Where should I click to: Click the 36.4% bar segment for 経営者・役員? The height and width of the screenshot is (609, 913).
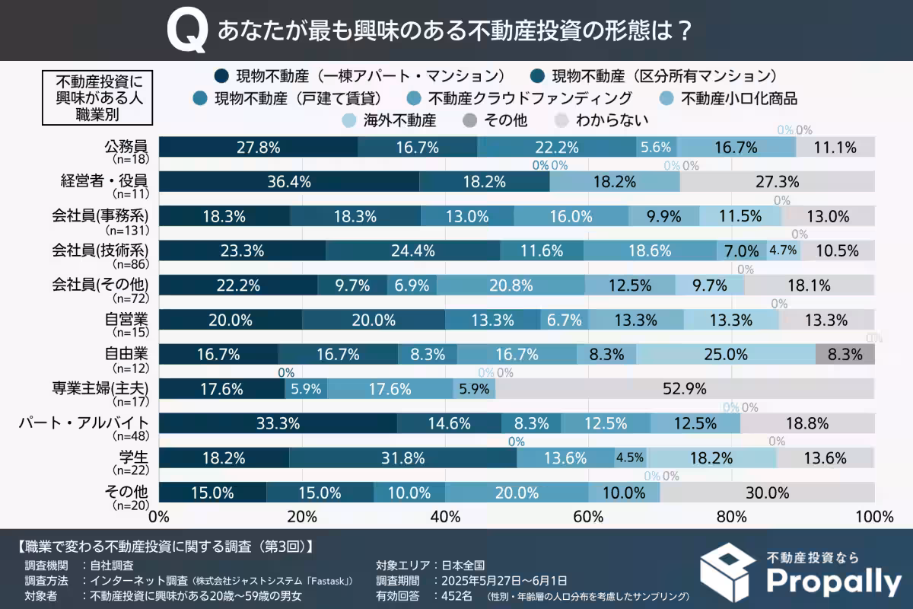[289, 181]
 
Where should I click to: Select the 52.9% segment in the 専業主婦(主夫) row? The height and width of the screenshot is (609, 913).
[684, 388]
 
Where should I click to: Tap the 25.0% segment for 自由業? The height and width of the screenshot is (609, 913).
[725, 354]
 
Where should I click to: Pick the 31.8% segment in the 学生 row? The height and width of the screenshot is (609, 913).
[402, 458]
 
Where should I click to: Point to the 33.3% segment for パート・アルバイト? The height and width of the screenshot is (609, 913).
[278, 423]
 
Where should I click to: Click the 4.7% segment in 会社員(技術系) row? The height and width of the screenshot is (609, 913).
[782, 250]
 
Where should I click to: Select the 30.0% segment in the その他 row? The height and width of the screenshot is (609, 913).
[767, 493]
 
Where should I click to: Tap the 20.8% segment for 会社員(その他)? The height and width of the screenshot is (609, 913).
[511, 285]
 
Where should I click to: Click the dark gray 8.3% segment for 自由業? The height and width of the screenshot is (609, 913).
[845, 354]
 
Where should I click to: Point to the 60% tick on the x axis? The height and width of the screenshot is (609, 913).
[588, 517]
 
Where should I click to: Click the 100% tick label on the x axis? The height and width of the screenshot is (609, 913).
[873, 517]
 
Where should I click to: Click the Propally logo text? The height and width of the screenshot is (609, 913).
[832, 582]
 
